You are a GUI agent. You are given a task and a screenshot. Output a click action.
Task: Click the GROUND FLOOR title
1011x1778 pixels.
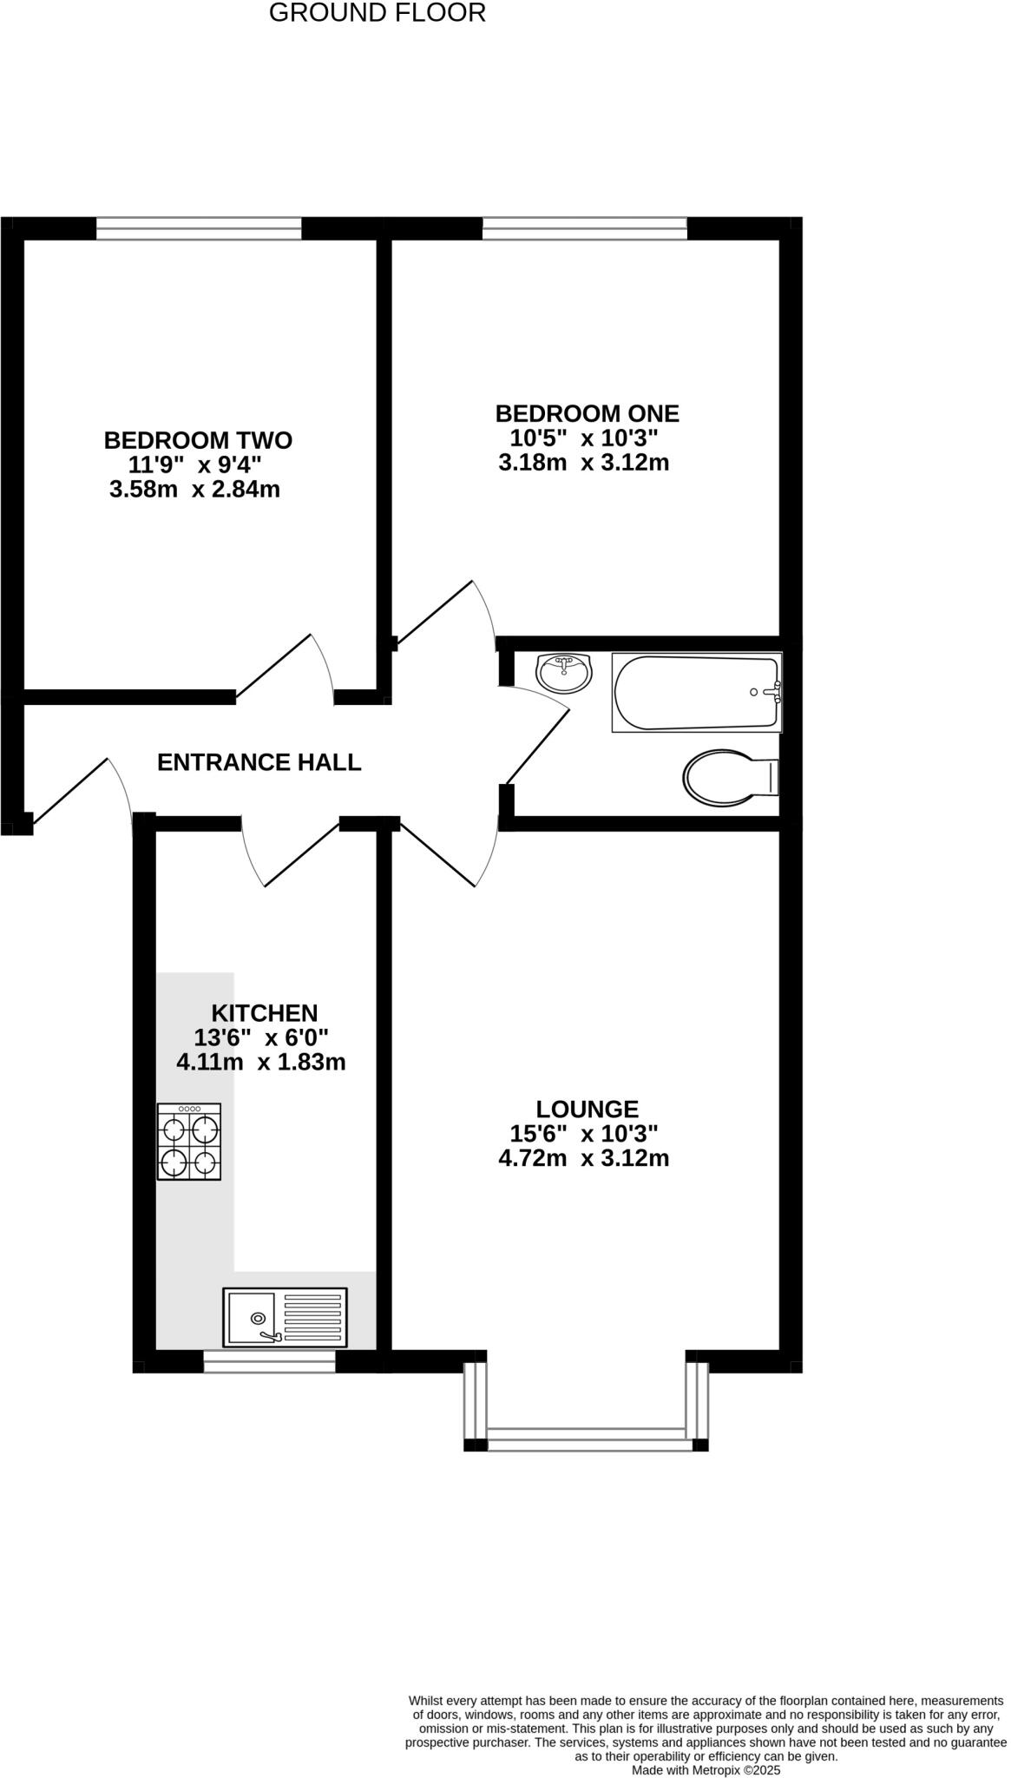pos(377,13)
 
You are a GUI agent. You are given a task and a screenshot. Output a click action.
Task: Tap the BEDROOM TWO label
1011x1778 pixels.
pos(198,440)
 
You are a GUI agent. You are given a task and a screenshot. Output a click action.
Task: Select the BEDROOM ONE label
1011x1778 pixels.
pos(587,413)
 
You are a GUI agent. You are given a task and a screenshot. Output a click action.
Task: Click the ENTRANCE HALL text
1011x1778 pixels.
pos(259,762)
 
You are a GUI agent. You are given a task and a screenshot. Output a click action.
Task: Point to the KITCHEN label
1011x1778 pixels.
pos(265,1012)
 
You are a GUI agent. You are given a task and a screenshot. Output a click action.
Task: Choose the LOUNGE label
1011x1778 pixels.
pos(587,1109)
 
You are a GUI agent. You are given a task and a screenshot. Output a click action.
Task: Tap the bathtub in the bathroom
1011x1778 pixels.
pos(696,692)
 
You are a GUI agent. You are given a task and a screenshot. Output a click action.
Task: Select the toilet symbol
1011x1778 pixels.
pos(729,776)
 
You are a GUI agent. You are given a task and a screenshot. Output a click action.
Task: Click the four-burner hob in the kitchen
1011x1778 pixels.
pos(188,1142)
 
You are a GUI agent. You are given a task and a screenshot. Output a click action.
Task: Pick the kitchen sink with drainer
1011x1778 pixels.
pos(285,1316)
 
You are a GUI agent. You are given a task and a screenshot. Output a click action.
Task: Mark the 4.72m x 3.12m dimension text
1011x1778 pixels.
pos(584,1158)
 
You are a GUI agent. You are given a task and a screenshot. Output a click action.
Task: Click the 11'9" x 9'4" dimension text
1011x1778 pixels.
pos(195,464)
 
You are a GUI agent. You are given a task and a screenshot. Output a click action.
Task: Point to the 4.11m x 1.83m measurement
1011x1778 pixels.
pos(261,1061)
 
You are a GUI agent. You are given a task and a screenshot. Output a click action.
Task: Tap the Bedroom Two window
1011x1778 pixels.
pos(199,228)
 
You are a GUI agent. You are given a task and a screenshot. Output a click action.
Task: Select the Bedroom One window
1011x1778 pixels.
pos(584,228)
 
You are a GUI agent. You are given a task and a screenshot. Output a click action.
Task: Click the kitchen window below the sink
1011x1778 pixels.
pos(269,1361)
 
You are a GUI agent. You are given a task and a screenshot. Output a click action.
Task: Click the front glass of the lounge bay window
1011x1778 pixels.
pos(587,1445)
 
